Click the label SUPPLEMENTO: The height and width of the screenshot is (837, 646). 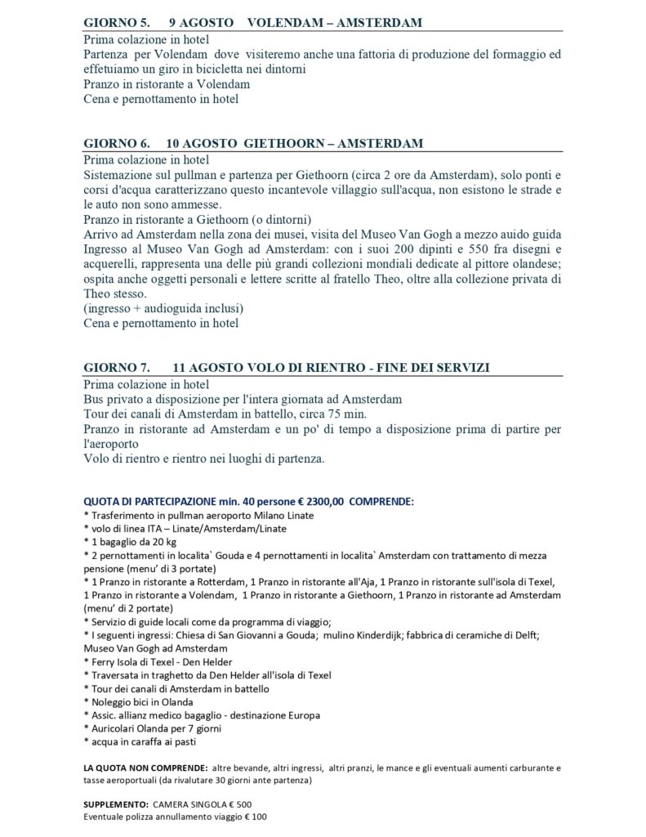tap(116, 803)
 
